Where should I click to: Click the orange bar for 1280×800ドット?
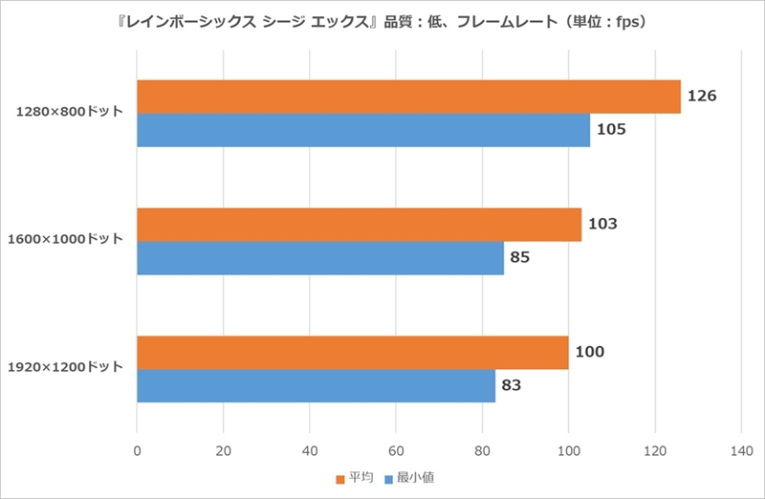point(409,97)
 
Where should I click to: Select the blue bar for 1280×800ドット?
point(363,130)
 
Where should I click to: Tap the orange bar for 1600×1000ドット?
point(360,225)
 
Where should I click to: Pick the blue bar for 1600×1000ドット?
point(320,258)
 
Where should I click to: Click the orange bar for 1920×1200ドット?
point(353,353)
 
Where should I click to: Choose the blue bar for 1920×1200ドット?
point(317,386)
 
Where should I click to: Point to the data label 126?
point(702,96)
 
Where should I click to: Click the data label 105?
point(611,129)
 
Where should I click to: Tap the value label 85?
point(520,257)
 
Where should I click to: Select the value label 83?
point(512,385)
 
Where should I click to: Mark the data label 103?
point(602,224)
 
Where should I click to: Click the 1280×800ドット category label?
point(69,112)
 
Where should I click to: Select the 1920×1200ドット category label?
point(65,367)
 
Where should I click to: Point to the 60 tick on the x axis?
point(396,451)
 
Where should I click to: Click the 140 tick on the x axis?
point(742,451)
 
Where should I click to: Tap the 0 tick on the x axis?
point(137,451)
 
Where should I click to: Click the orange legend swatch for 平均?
point(340,480)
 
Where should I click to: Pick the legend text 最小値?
point(415,478)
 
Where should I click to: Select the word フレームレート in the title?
point(507,22)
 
